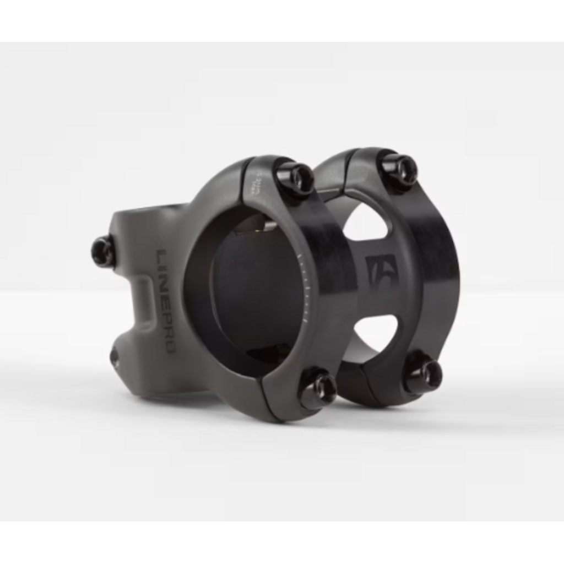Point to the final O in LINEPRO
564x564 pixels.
(x=167, y=346)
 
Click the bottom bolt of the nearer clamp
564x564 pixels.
(x=318, y=388)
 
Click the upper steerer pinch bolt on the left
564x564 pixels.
(x=104, y=251)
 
